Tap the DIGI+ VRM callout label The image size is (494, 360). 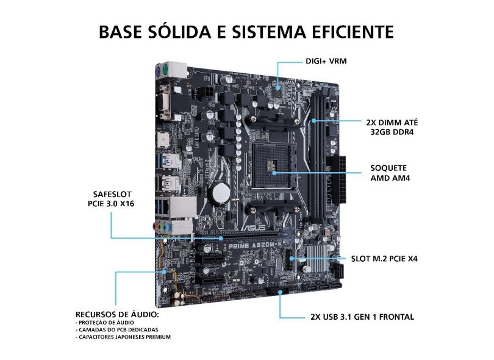point(326,61)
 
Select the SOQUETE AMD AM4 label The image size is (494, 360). point(390,173)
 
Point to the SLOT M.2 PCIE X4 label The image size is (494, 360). point(384,259)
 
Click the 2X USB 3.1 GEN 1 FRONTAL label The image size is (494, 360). point(362,317)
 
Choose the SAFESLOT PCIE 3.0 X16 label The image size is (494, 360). point(111,199)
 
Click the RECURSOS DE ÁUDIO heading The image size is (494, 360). point(117,314)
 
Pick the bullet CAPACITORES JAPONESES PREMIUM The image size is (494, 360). point(123,337)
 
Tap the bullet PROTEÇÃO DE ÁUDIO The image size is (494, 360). point(105,323)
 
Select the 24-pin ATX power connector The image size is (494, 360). point(336,181)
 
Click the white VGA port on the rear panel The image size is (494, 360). point(165,101)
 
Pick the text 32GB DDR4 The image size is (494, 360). point(392,132)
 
